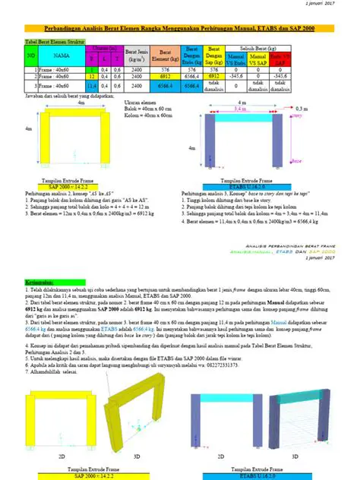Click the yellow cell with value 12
[92, 77]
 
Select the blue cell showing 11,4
[92, 87]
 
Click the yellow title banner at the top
[179, 27]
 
